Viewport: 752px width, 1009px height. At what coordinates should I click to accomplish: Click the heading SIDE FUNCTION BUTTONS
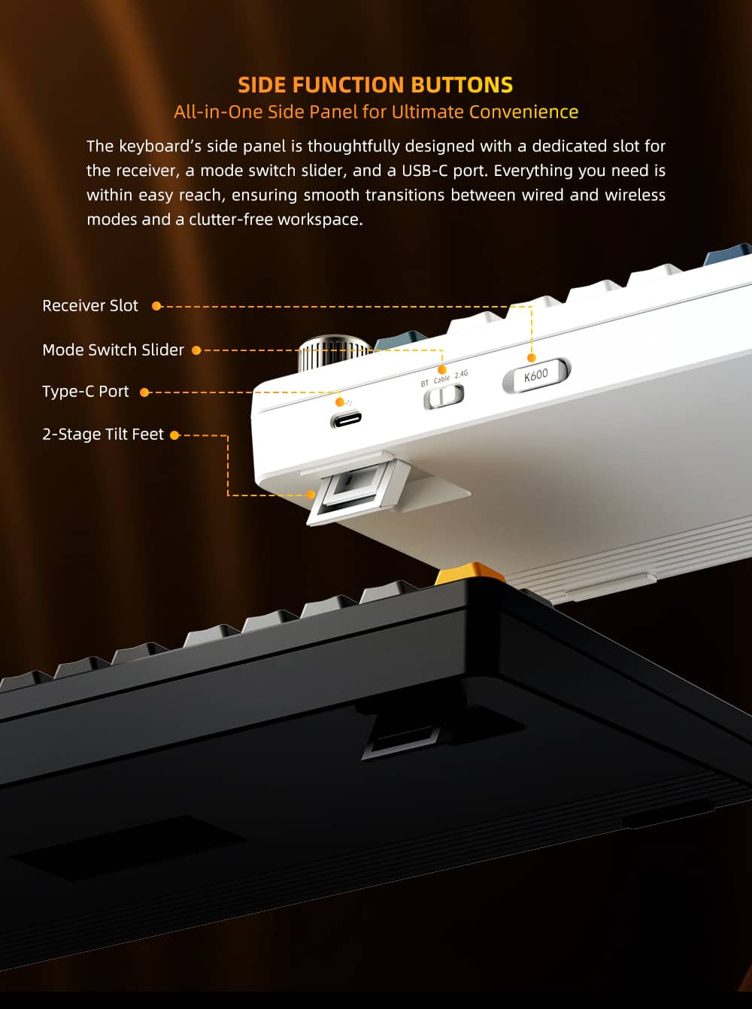(x=375, y=84)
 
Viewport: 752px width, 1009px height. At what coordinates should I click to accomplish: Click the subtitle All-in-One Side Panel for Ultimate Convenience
(x=376, y=112)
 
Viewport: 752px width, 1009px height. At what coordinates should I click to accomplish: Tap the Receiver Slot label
(x=90, y=306)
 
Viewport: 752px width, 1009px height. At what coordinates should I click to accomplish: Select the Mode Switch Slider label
(x=113, y=350)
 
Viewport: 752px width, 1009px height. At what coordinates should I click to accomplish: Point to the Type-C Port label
(x=85, y=392)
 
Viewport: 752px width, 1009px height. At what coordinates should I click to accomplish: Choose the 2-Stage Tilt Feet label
(x=102, y=435)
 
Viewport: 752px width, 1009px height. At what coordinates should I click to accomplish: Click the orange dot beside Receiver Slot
(x=156, y=306)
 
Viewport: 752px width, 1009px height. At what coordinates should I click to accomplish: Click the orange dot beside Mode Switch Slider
(x=196, y=350)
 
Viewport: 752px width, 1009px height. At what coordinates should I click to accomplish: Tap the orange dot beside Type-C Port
(x=144, y=392)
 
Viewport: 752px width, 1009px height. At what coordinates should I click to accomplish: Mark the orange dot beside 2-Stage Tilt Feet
(x=174, y=435)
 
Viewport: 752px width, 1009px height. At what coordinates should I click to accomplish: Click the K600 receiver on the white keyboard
(x=536, y=375)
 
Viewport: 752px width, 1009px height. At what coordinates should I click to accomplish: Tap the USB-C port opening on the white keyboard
(x=346, y=420)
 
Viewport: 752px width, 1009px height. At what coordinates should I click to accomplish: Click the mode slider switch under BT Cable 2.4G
(x=444, y=396)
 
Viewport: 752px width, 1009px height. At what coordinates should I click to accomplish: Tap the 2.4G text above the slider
(x=461, y=374)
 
